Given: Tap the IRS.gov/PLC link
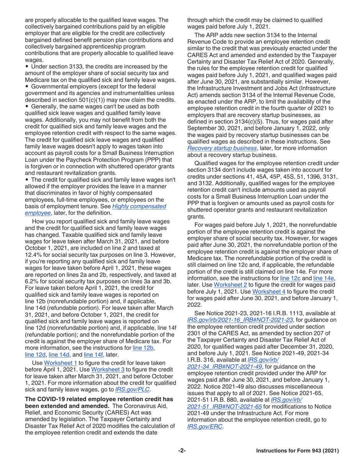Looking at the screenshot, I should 133,390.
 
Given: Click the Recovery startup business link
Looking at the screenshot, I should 222,148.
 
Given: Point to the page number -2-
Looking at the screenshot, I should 182,451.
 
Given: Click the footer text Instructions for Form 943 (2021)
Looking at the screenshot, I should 298,451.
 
